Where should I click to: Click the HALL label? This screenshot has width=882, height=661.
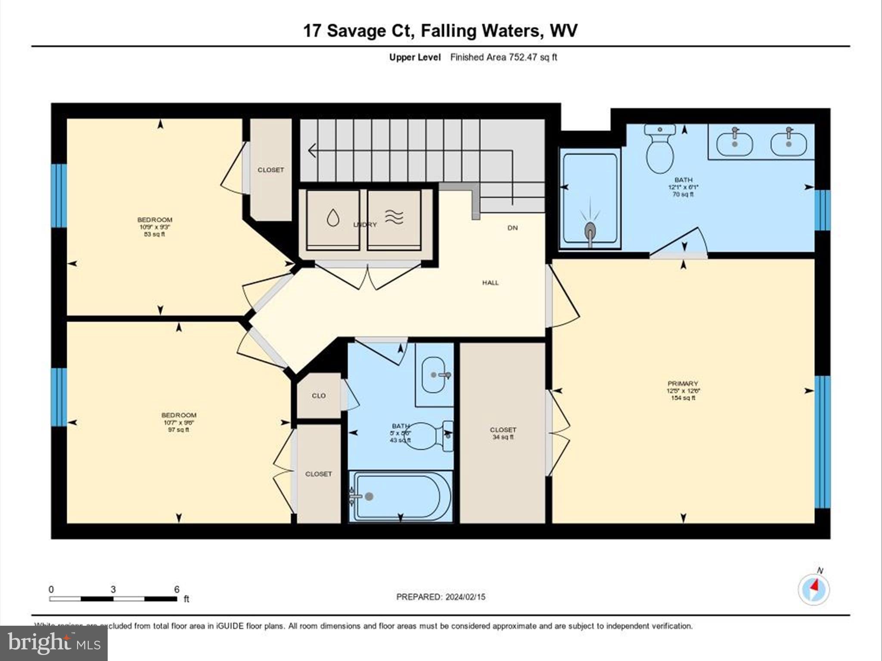click(490, 283)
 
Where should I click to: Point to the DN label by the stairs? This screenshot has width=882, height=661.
click(512, 228)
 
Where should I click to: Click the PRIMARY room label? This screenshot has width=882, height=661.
click(683, 383)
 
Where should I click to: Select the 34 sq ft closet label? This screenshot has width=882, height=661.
click(503, 433)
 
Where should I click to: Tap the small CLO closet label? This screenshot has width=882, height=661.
click(319, 395)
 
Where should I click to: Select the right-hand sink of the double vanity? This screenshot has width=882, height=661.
click(788, 143)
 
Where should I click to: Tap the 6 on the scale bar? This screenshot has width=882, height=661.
click(177, 589)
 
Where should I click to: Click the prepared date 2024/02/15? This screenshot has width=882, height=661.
click(465, 597)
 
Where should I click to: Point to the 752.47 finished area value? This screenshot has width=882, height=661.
click(522, 57)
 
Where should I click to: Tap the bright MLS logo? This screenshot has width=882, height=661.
click(54, 643)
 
